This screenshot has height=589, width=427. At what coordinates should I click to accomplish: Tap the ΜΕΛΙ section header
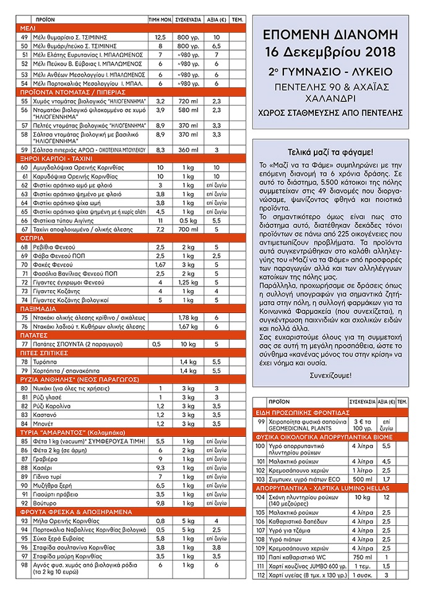click(x=28, y=28)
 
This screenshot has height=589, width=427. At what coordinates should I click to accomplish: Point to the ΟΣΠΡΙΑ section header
click(x=32, y=238)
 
